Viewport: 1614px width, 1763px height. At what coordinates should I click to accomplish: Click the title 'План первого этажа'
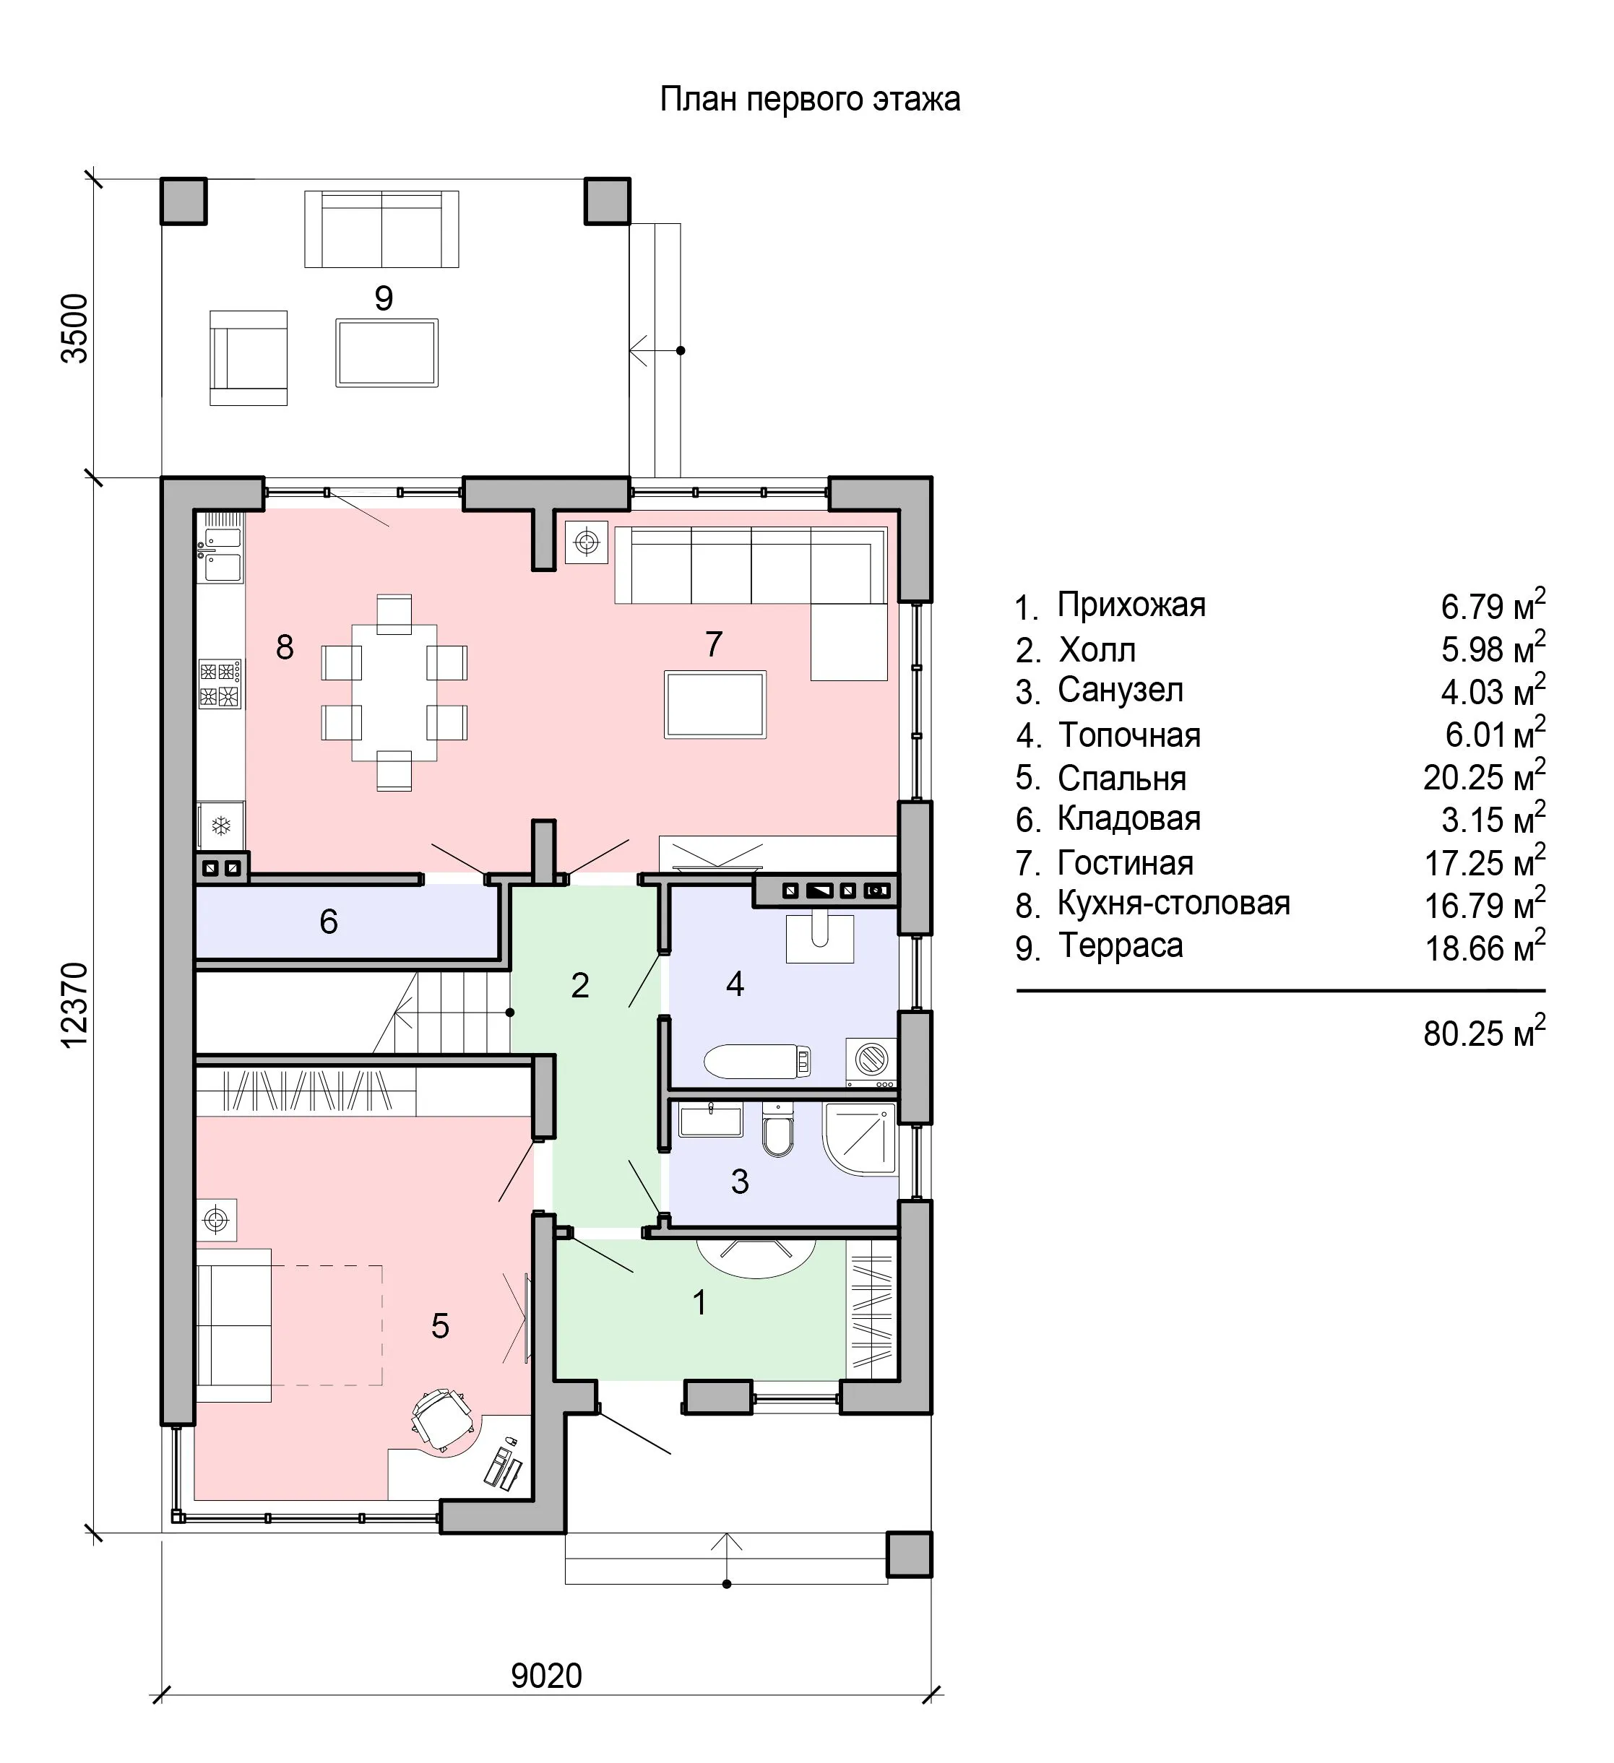tap(809, 99)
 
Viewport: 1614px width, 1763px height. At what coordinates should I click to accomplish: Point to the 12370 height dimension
tap(75, 1004)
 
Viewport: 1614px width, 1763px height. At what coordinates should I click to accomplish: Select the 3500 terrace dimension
tap(75, 328)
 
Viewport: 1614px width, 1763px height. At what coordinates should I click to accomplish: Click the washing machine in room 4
tap(871, 1062)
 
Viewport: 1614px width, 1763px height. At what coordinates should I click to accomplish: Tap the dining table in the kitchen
tap(394, 692)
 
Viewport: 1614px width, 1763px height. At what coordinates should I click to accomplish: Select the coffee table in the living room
tap(715, 704)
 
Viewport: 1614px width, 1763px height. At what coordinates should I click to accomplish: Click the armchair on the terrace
tap(249, 358)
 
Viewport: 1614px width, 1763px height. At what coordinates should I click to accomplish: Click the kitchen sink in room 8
tap(223, 547)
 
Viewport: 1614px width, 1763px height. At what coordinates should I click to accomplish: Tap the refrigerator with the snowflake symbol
tap(221, 826)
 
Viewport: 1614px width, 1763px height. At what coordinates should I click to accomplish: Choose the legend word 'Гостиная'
tap(1125, 863)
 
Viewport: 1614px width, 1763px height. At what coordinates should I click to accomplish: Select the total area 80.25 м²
tap(1485, 1032)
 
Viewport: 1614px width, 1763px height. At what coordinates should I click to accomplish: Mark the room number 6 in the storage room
tap(329, 921)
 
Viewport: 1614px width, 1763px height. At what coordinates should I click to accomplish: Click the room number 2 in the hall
tap(580, 986)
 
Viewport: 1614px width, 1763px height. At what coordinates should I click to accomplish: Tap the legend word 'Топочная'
tap(1129, 735)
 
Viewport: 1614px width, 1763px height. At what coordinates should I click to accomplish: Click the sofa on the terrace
tap(381, 229)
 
